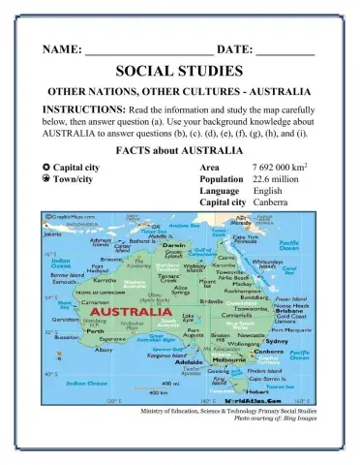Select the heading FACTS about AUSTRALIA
tap(179, 153)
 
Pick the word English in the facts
tap(267, 191)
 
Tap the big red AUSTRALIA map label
tap(127, 313)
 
